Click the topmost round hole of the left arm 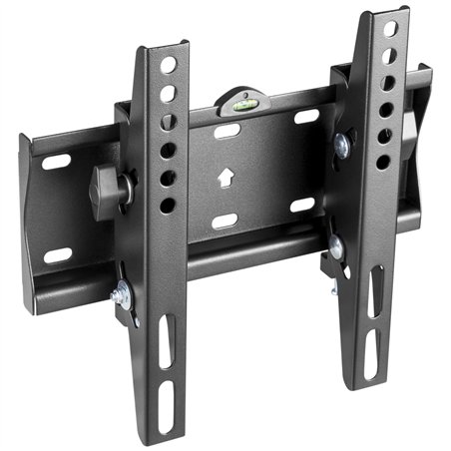pos(169,65)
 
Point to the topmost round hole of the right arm pos(389,29)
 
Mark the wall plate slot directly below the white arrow pos(225,221)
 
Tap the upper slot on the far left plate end pos(58,161)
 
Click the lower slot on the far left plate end pos(58,255)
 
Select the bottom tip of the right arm pos(370,384)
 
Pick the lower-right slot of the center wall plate pos(301,206)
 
